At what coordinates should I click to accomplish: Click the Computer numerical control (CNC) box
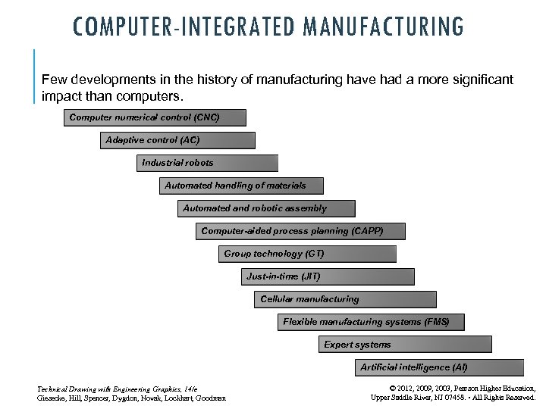155,117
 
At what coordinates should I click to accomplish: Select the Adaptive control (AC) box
177,140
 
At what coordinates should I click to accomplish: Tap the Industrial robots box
208,163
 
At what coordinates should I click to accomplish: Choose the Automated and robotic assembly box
265,208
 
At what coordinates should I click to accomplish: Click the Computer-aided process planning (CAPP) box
300,231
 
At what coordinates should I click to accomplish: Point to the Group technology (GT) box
308,254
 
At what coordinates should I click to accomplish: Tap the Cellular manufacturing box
345,299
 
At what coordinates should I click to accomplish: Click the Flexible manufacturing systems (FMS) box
371,322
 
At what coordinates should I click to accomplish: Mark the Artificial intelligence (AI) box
440,367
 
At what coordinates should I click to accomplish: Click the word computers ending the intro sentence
155,98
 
